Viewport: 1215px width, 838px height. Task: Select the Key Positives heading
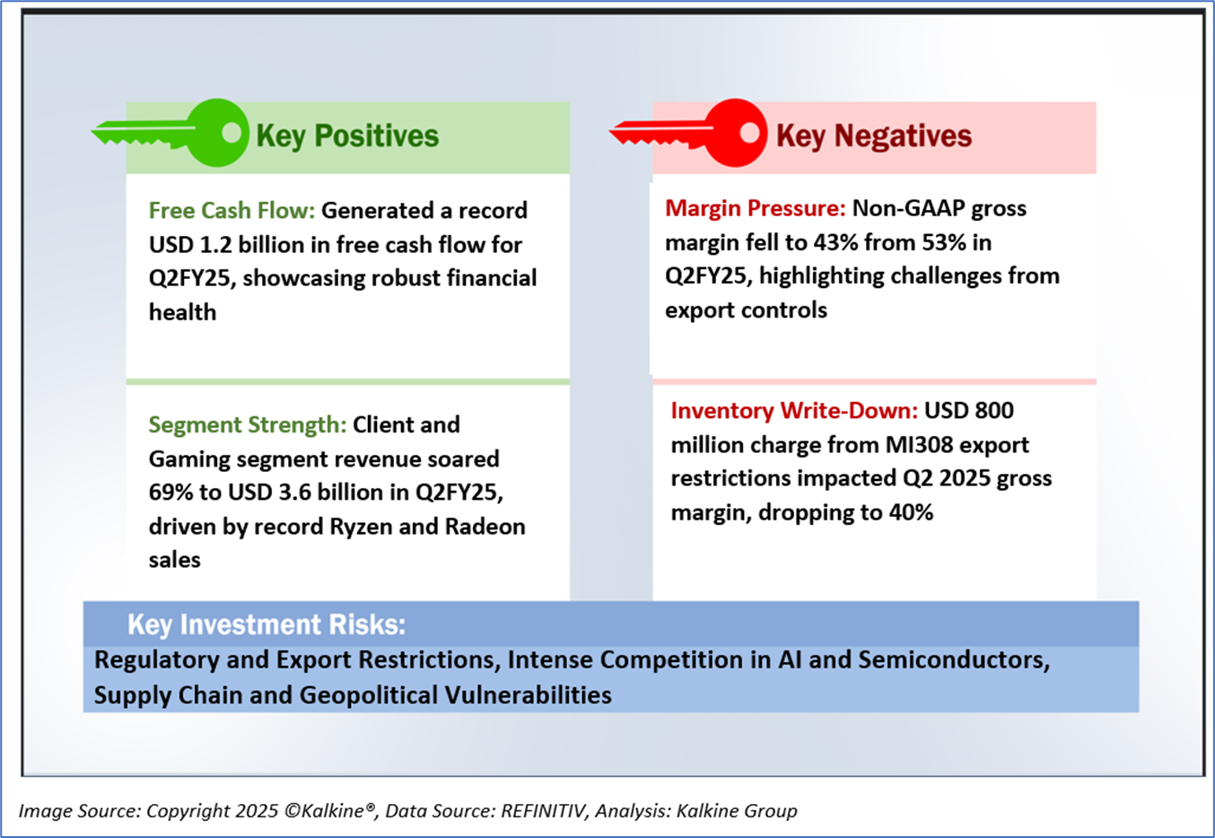347,135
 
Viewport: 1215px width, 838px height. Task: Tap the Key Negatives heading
874,135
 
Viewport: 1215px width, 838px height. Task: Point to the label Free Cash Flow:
232,211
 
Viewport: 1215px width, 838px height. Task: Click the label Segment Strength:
248,424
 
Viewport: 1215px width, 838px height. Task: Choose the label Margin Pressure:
755,208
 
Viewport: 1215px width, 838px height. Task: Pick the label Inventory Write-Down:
794,411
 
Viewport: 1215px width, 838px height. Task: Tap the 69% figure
170,493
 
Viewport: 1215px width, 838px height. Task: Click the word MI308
919,445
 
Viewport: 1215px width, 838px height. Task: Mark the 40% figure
911,512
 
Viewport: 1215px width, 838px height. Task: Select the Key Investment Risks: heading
267,624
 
